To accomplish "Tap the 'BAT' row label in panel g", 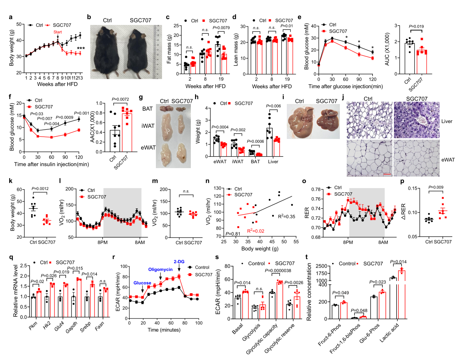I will click(152, 109).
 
